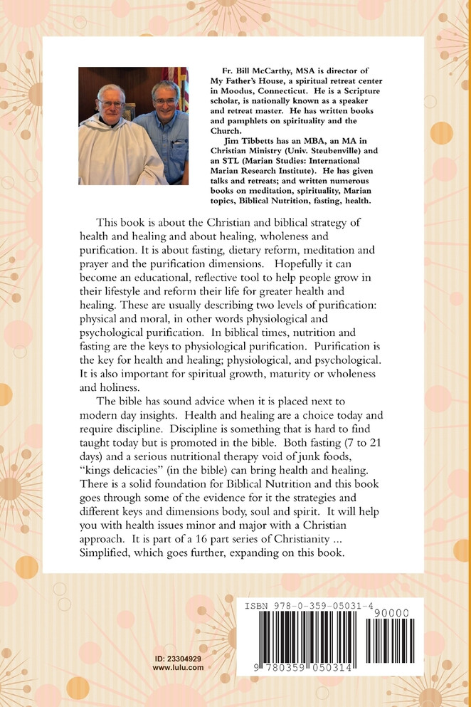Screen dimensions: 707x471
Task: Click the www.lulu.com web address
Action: click(178, 668)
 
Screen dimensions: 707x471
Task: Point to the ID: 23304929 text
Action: click(178, 659)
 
